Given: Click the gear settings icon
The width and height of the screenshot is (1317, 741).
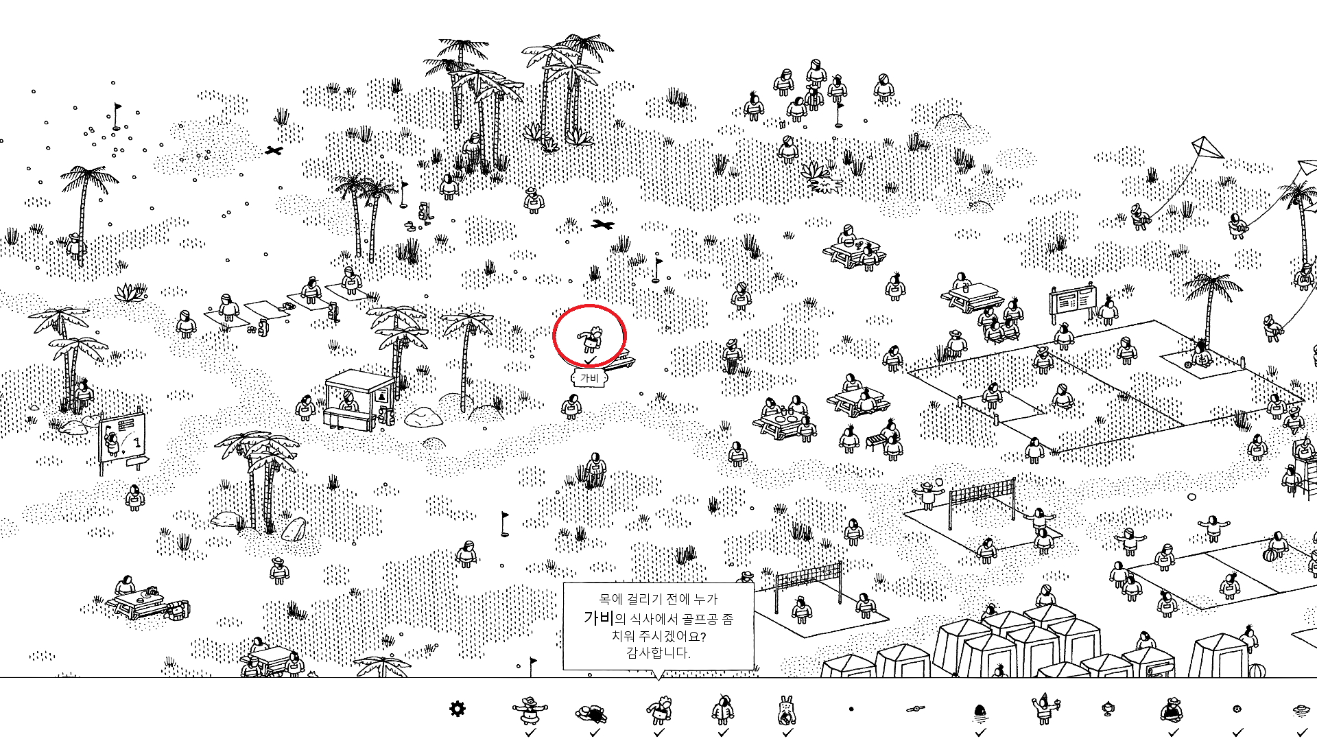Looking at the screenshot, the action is click(x=457, y=709).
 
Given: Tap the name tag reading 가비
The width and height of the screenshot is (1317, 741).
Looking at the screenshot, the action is click(x=590, y=378).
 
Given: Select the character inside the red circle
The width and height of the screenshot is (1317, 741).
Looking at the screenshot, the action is click(x=590, y=338).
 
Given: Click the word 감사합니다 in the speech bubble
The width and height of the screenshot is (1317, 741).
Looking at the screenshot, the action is click(x=658, y=652).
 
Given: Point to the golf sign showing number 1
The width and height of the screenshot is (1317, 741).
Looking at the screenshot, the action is click(x=122, y=436).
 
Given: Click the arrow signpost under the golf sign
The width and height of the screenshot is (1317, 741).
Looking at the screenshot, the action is click(x=137, y=462).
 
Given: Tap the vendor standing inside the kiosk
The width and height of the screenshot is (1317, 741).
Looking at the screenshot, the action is click(x=349, y=400).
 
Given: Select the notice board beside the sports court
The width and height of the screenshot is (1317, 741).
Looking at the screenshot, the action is click(x=1072, y=301).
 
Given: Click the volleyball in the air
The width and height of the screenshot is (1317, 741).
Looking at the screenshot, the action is click(x=939, y=483).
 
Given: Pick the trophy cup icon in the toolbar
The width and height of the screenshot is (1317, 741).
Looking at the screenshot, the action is click(x=1108, y=709).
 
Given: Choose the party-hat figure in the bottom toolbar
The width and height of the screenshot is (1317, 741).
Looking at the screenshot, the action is click(x=1045, y=709).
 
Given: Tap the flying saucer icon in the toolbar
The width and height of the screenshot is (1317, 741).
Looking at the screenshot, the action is click(x=1301, y=710).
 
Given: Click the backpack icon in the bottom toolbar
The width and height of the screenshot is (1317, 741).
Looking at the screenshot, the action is click(x=787, y=710).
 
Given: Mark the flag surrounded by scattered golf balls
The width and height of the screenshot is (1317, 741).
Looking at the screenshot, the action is click(x=117, y=117).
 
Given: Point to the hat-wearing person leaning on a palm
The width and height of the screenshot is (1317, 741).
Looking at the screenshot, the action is click(x=75, y=244).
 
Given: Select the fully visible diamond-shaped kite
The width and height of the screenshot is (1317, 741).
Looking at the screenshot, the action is click(x=1207, y=148).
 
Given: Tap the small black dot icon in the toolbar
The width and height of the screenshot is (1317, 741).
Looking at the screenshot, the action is click(x=851, y=709).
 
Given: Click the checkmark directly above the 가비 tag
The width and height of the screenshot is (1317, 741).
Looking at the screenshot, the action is click(x=590, y=361).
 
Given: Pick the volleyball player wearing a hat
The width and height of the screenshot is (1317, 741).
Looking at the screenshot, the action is click(x=927, y=494).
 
